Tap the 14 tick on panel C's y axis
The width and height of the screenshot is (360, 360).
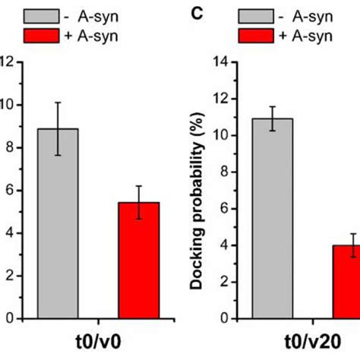(x=221, y=62)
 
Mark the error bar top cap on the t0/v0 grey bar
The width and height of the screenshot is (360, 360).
(x=57, y=103)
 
